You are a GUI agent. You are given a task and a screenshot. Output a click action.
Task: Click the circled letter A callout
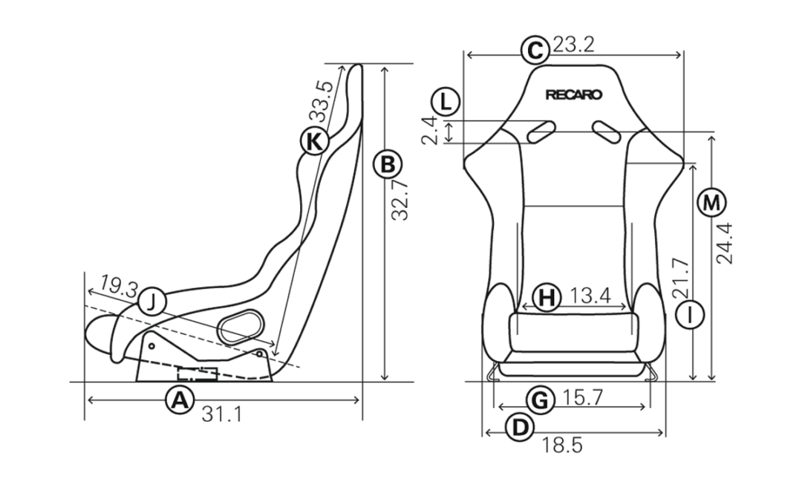tap(180, 400)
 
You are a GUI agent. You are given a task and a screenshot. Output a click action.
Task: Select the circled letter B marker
tap(388, 165)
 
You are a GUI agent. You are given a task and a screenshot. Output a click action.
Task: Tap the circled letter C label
tap(535, 51)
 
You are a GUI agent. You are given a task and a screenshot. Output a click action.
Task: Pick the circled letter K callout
tap(313, 141)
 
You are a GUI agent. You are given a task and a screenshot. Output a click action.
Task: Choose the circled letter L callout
tap(446, 102)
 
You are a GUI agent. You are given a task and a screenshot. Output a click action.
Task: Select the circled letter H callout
tap(547, 296)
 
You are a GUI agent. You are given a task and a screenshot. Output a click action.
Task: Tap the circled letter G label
tap(540, 400)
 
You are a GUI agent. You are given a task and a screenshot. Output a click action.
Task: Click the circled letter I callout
tap(690, 314)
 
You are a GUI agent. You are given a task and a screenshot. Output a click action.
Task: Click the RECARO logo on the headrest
tap(574, 95)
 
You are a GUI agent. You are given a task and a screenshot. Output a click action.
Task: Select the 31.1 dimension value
tap(222, 414)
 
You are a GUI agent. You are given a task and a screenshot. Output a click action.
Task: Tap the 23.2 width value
tap(573, 45)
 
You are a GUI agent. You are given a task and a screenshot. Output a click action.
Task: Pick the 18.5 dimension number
tap(561, 446)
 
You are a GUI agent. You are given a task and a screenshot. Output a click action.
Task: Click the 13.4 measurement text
tap(590, 296)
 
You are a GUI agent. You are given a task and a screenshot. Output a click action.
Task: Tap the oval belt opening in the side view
tap(241, 325)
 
